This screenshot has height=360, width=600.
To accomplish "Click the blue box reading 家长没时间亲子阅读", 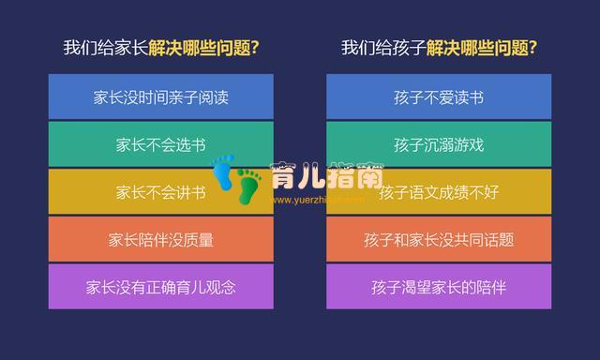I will (x=160, y=97).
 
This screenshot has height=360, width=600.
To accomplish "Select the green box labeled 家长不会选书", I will (x=160, y=144).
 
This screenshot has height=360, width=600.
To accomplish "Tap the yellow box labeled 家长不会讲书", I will (x=160, y=192).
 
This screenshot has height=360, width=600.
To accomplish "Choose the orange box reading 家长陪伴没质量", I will (x=160, y=239).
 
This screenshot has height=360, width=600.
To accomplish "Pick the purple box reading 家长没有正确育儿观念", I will (x=160, y=287).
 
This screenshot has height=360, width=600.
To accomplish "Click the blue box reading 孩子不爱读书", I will (x=439, y=97).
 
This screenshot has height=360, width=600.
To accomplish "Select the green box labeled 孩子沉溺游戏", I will (x=439, y=144).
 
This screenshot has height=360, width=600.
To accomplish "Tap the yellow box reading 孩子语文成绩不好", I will (x=439, y=192).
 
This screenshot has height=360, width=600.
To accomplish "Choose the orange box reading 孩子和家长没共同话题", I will (x=439, y=239).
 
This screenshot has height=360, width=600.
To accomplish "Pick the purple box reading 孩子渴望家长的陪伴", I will (x=439, y=287).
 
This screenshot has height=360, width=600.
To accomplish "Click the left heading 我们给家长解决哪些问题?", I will (x=160, y=48).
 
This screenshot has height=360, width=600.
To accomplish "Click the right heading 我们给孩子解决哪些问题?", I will (x=439, y=48).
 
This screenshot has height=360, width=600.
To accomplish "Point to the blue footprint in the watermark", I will (x=223, y=172).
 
